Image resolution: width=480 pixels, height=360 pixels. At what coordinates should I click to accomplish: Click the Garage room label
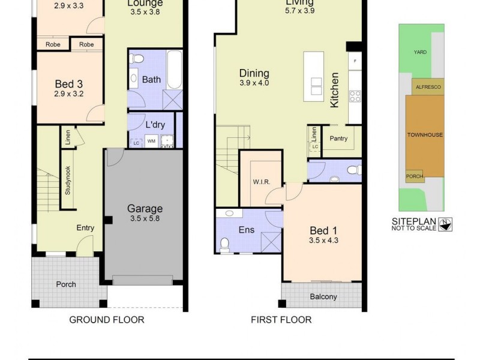145,209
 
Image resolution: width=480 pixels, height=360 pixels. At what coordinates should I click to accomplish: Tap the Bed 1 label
319,231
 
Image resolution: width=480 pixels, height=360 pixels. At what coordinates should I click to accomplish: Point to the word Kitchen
335,90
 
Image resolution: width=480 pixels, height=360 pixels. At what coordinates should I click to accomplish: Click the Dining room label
254,73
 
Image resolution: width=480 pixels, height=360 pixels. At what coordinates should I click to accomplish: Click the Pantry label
339,138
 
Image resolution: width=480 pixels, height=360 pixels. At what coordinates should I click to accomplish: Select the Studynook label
68,181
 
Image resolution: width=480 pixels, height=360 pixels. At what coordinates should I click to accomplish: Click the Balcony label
323,297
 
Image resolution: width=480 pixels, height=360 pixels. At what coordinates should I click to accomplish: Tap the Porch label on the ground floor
65,284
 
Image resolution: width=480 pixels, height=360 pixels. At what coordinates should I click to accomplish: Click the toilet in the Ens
226,244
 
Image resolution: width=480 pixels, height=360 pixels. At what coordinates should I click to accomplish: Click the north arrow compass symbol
446,224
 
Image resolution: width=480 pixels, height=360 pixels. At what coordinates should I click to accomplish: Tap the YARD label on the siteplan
420,52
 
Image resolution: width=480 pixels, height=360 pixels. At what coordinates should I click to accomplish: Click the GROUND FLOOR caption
107,320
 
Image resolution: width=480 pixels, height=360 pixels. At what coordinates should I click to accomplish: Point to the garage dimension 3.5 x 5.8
145,218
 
